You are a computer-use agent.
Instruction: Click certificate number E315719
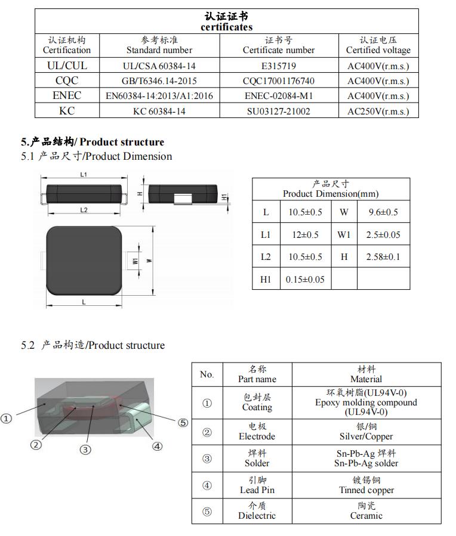pos(278,66)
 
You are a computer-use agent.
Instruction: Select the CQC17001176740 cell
pos(278,81)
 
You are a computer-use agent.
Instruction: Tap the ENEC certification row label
pos(67,95)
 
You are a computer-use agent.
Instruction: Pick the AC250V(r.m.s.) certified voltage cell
pos(378,111)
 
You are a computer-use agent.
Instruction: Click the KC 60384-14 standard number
pos(159,111)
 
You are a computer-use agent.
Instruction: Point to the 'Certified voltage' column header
pos(378,45)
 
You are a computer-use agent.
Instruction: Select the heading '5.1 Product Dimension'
pos(96,156)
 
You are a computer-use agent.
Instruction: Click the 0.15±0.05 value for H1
pos(305,279)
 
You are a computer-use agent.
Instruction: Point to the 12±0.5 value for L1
pos(305,235)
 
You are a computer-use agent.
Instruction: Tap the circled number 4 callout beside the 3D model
pos(158,445)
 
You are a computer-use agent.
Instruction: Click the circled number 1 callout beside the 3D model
pos(7,419)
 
